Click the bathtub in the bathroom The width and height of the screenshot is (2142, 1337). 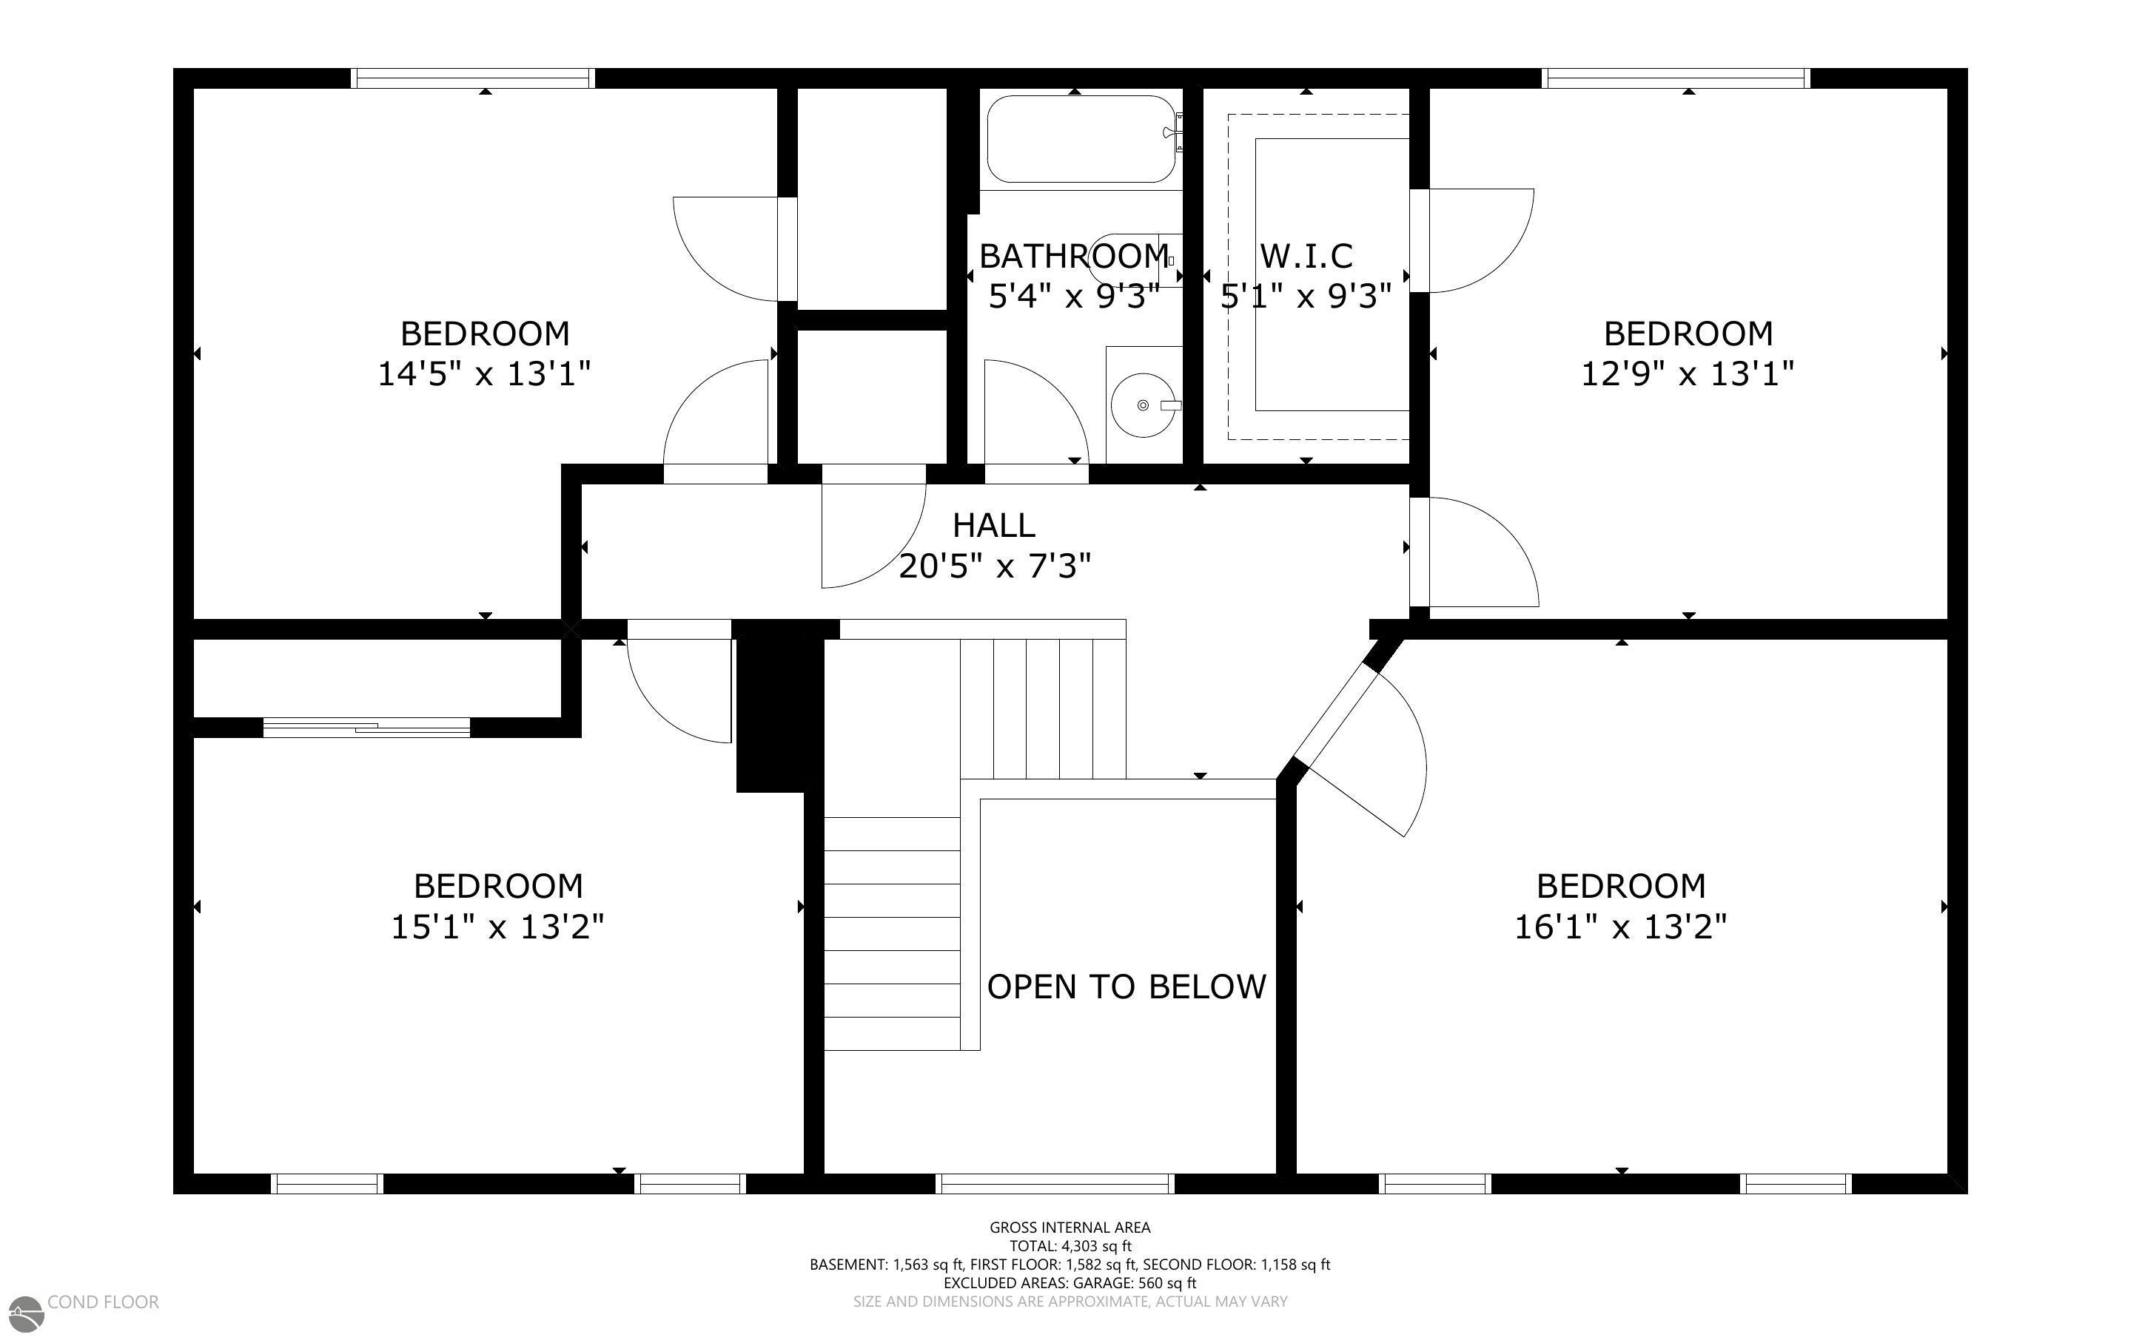1081,139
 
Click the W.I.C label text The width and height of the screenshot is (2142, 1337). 1306,257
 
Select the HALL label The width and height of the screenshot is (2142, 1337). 993,525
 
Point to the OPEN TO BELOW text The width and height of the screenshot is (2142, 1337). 1127,986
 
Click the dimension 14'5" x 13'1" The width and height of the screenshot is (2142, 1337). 484,374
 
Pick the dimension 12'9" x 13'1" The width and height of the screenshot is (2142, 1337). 1688,374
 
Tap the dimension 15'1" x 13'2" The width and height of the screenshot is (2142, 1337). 498,927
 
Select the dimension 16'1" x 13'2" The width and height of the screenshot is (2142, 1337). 1621,927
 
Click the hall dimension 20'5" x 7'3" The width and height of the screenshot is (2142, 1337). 995,565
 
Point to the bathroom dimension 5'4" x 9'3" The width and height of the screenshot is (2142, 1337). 1073,297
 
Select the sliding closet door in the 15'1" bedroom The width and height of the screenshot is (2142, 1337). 366,728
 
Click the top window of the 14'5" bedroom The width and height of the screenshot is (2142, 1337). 472,78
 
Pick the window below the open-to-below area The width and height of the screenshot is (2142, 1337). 1055,1183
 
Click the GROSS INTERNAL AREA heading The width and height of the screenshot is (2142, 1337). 1070,1228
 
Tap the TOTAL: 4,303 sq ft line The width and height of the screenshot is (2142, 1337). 1070,1246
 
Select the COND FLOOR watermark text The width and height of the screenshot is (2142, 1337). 104,1302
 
